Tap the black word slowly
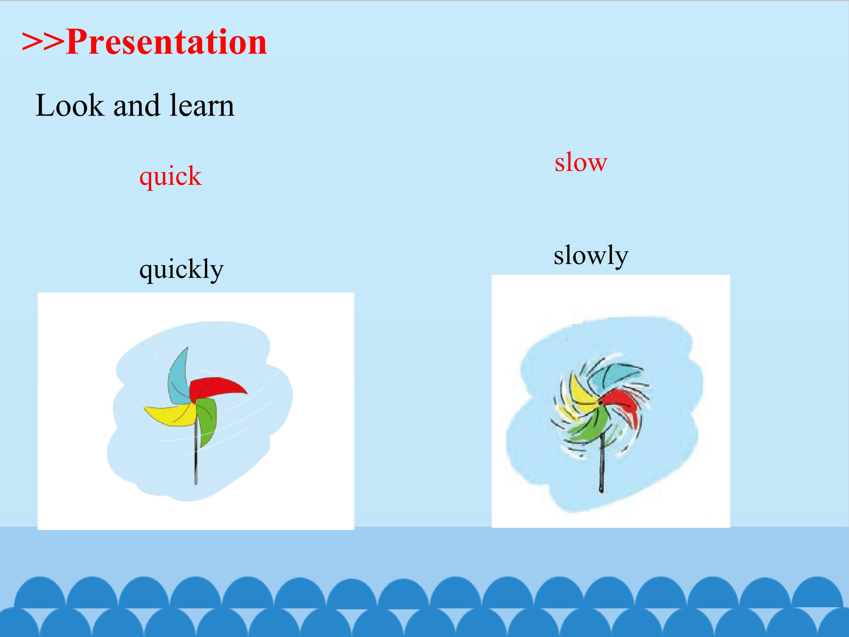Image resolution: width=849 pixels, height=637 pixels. pyautogui.click(x=591, y=256)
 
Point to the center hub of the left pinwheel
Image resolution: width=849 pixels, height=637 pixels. pyautogui.click(x=194, y=401)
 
